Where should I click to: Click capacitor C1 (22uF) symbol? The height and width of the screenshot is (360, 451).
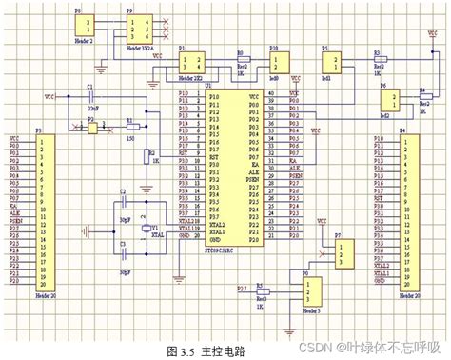coord(90,97)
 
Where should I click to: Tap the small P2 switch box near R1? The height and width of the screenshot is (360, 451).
coord(92,127)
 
